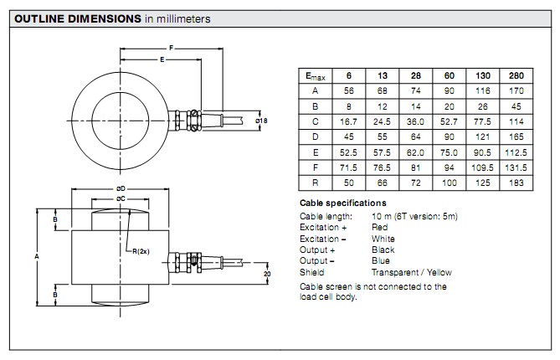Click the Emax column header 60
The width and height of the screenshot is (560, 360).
tap(450, 75)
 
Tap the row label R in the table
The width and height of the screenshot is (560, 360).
tap(314, 182)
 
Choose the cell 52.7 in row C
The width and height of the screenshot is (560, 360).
tap(450, 121)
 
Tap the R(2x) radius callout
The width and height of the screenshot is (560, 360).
tap(136, 249)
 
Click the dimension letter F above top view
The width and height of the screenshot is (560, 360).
tap(171, 48)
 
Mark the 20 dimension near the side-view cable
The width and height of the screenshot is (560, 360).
tap(267, 274)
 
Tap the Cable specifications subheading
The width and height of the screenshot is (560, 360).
tap(343, 203)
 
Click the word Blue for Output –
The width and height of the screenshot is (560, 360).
tap(379, 261)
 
